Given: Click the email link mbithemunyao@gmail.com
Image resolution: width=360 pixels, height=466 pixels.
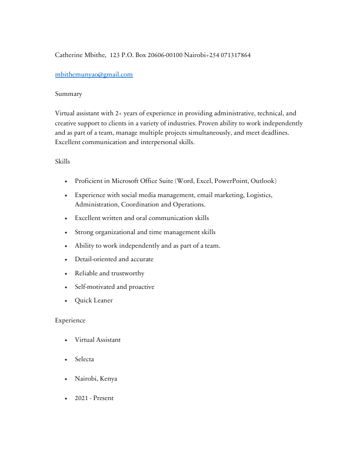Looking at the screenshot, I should click(x=94, y=75).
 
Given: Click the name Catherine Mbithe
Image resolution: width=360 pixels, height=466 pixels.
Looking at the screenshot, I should click(x=80, y=55).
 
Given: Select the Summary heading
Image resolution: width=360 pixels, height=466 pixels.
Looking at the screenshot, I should click(x=68, y=94).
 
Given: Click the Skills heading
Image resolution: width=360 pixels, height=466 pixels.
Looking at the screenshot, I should click(x=62, y=161).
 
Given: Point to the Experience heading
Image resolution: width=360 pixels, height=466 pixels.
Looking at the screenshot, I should click(x=70, y=321).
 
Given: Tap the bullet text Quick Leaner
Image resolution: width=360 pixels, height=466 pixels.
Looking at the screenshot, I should click(x=94, y=301).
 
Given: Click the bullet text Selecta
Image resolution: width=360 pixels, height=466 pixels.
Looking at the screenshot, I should click(x=84, y=360).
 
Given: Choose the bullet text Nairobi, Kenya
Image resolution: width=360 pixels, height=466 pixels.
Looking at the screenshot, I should click(x=96, y=379).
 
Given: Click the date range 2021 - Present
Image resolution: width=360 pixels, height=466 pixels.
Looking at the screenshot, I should click(x=94, y=398).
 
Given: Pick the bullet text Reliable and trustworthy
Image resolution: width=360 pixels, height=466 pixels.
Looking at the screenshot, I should click(x=109, y=274).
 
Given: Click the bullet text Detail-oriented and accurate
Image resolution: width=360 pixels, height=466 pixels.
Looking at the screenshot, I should click(x=114, y=259).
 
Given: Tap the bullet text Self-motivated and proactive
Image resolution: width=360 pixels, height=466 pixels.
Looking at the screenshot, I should click(x=115, y=287).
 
